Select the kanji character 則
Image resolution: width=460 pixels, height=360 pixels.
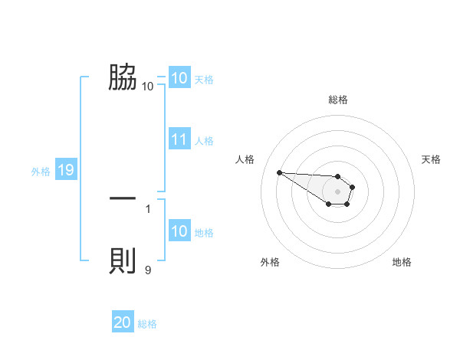[x=123, y=261]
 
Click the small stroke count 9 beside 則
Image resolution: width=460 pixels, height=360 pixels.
[x=148, y=270]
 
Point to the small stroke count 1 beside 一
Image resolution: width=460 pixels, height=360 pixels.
[x=148, y=208]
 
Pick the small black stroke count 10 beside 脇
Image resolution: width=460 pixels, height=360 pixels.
[x=147, y=87]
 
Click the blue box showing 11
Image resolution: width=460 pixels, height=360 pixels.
[x=179, y=140]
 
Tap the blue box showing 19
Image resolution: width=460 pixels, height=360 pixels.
[x=65, y=171]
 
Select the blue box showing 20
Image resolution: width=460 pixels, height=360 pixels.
[x=122, y=323]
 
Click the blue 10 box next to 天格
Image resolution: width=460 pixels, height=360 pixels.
[x=179, y=78]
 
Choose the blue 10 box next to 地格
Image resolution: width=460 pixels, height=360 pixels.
[x=179, y=232]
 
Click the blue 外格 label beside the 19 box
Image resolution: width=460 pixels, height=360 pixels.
[x=41, y=172]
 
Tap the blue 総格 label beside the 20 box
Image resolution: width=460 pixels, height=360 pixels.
[x=147, y=324]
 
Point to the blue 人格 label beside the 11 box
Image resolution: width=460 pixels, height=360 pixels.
[x=204, y=141]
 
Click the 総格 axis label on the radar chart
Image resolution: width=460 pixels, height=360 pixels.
[x=337, y=100]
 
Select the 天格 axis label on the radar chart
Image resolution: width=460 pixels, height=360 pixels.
[x=431, y=159]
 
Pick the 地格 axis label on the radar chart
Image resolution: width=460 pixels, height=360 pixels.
[x=402, y=262]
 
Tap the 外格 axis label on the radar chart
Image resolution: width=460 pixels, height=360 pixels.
[x=270, y=262]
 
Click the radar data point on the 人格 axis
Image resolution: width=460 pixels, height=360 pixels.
[x=279, y=172]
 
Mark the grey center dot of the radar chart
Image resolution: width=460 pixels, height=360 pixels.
[x=337, y=191]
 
